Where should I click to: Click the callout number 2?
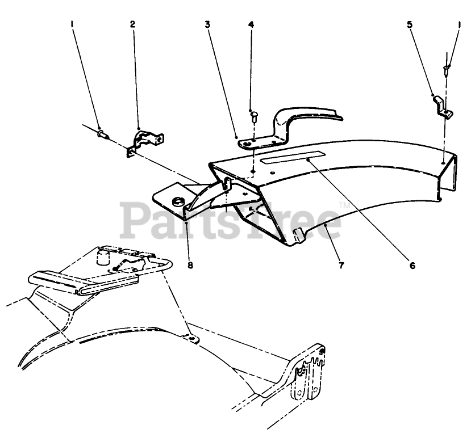pyautogui.click(x=133, y=24)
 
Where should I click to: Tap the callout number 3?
pyautogui.click(x=208, y=24)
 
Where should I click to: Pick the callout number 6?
pyautogui.click(x=412, y=264)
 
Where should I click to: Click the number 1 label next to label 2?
pyautogui.click(x=72, y=24)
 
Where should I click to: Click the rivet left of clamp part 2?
pyautogui.click(x=101, y=134)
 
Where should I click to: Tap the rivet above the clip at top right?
pyautogui.click(x=447, y=70)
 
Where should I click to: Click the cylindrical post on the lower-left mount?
pyautogui.click(x=103, y=258)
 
